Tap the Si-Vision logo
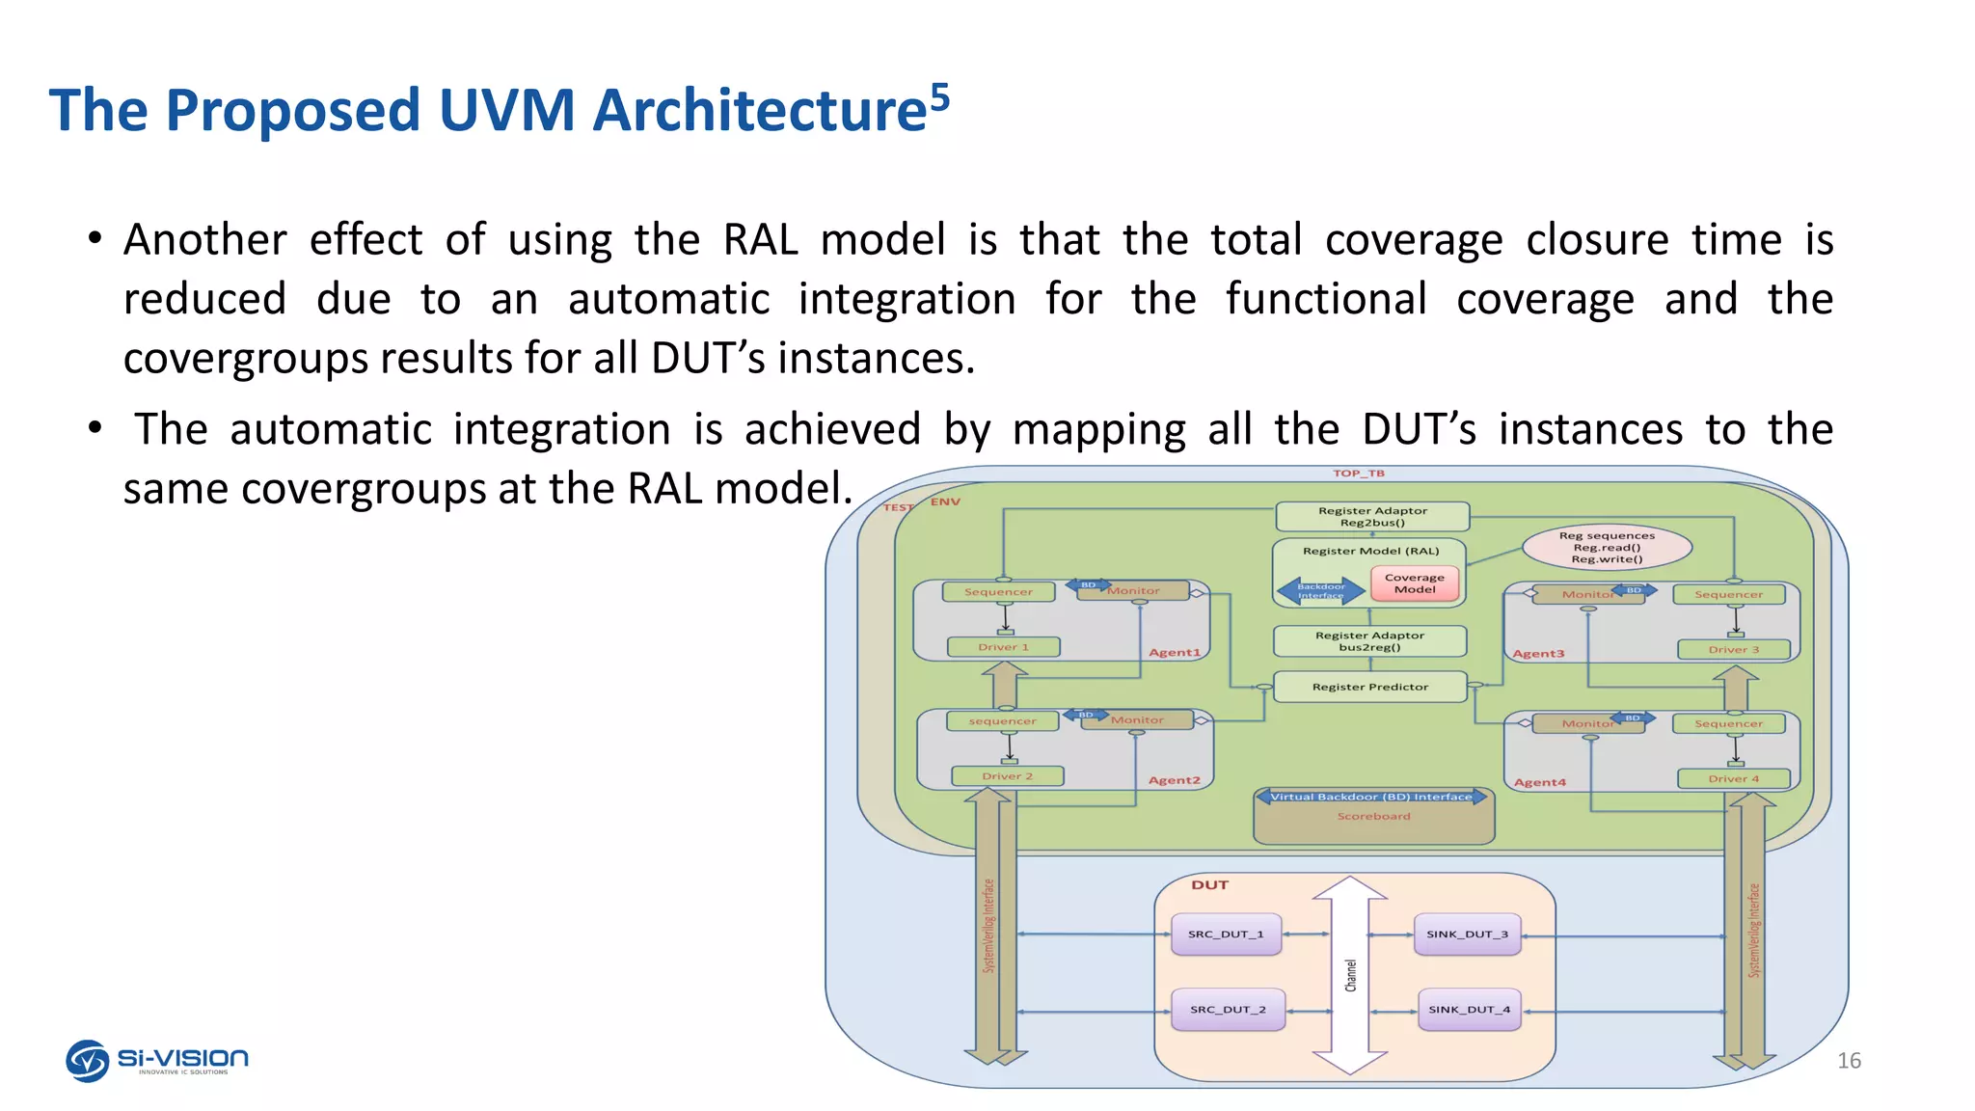pos(157,1060)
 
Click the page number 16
pos(1849,1061)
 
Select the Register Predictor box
pos(1369,687)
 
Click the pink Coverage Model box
pos(1415,583)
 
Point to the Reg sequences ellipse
pos(1607,547)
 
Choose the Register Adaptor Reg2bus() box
pos(1372,517)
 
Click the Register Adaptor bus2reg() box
pos(1369,641)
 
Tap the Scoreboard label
pos(1373,817)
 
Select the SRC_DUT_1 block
pos(1226,935)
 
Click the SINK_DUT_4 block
pos(1469,1010)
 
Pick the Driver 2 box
pos(1007,776)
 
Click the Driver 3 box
pos(1733,650)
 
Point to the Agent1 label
pos(1174,653)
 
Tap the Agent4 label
pos(1539,782)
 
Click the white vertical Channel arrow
pos(1350,975)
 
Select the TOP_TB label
pos(1358,474)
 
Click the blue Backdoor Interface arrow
pos(1320,590)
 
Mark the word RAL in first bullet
pos(760,239)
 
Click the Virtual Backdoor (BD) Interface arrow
pos(1371,797)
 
